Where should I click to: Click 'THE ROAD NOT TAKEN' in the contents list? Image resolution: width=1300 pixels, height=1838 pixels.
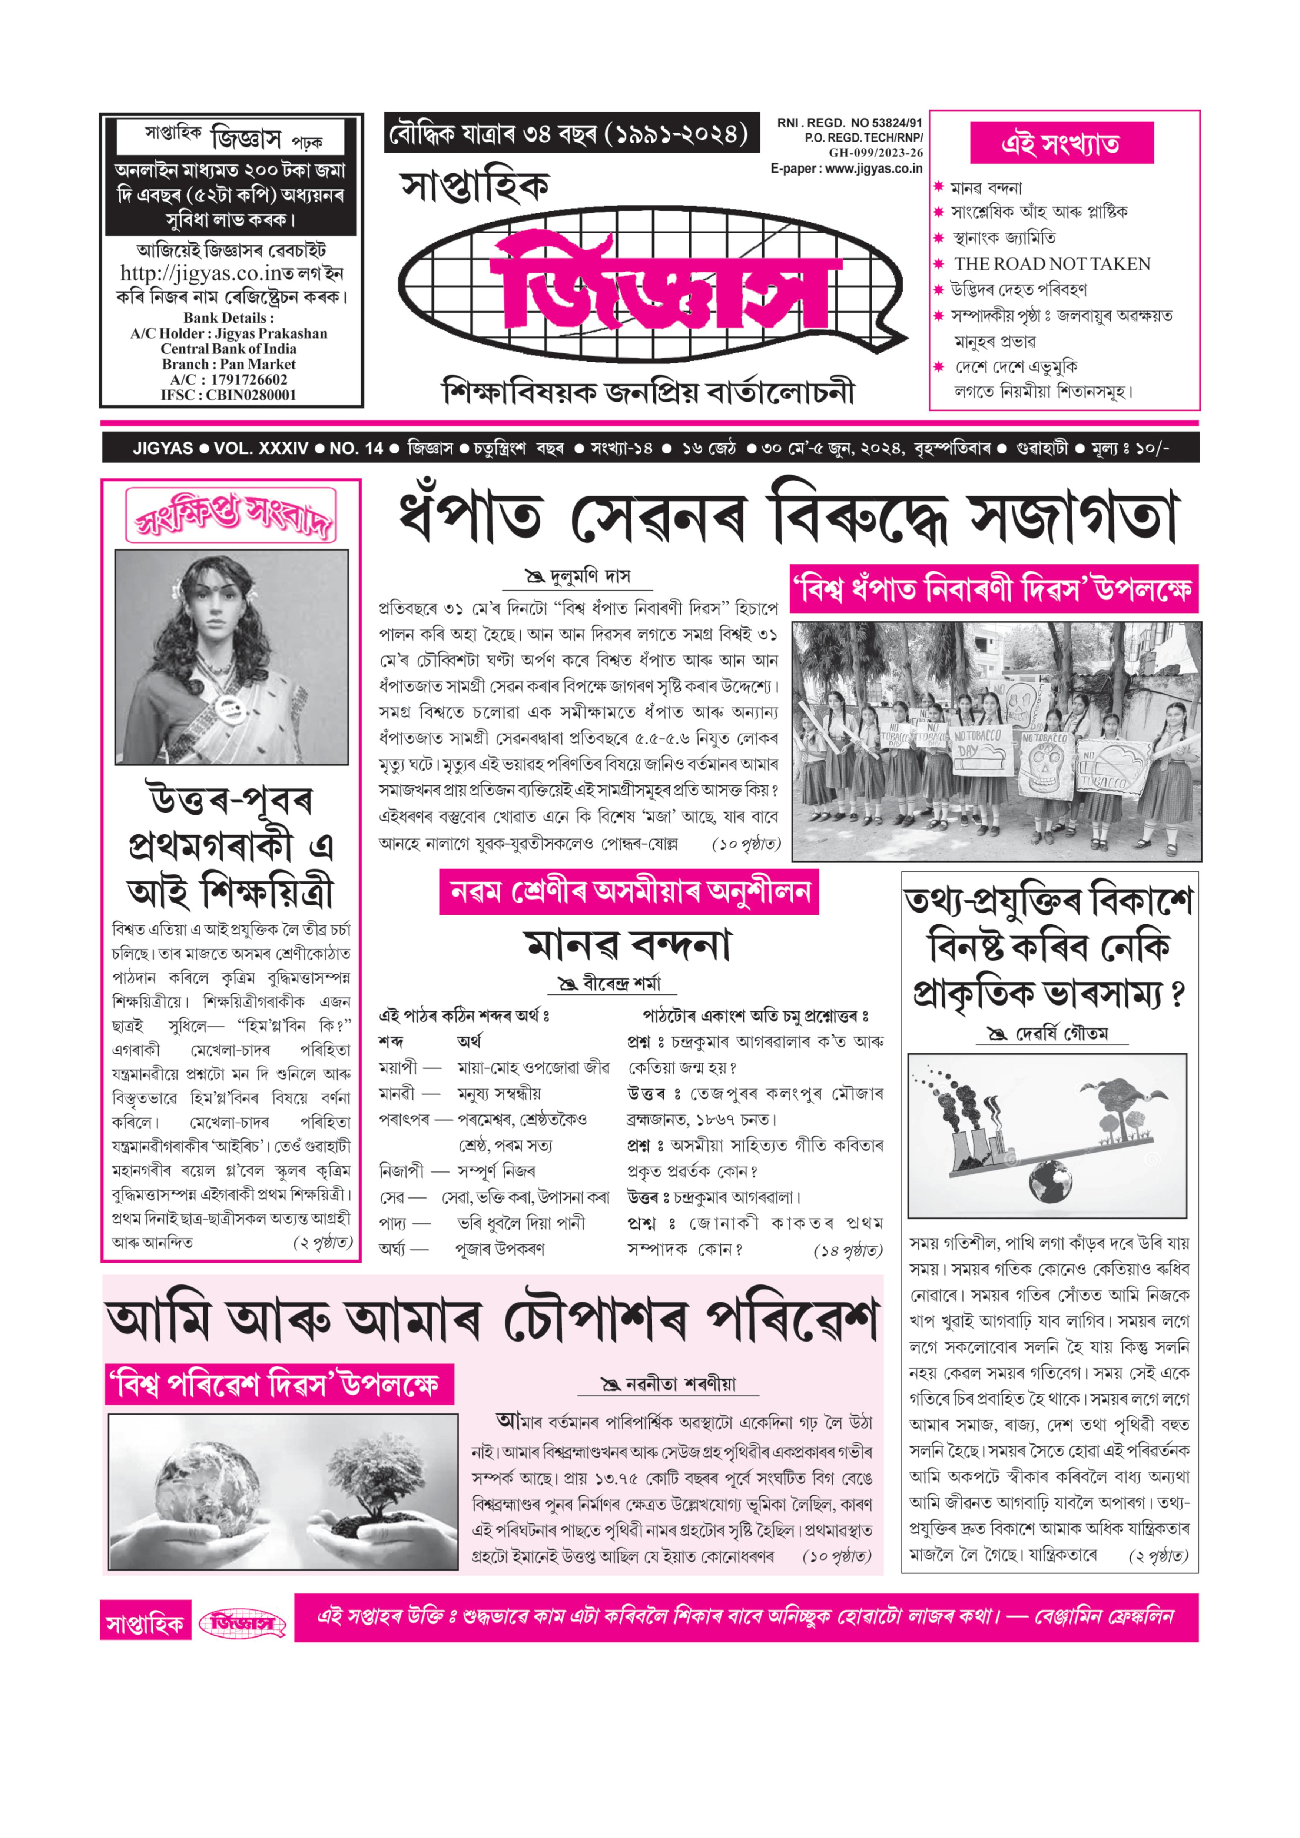pyautogui.click(x=1052, y=264)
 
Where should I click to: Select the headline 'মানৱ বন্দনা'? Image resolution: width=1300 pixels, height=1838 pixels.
pyautogui.click(x=628, y=945)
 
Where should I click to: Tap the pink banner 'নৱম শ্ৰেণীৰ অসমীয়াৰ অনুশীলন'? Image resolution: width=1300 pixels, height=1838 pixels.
pyautogui.click(x=629, y=892)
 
